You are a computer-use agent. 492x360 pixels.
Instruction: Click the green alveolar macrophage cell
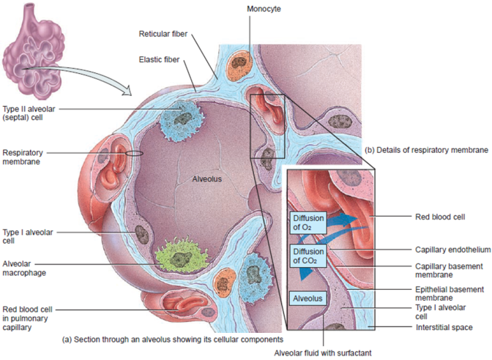pyautogui.click(x=179, y=259)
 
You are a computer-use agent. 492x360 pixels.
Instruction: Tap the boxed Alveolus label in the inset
pyautogui.click(x=306, y=299)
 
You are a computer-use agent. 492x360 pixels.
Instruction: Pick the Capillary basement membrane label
pyautogui.click(x=443, y=269)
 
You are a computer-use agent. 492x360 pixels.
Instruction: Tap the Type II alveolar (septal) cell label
pyautogui.click(x=28, y=112)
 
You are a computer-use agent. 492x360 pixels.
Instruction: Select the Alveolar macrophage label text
pyautogui.click(x=25, y=267)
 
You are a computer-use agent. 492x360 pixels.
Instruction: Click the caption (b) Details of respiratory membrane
pyautogui.click(x=426, y=149)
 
